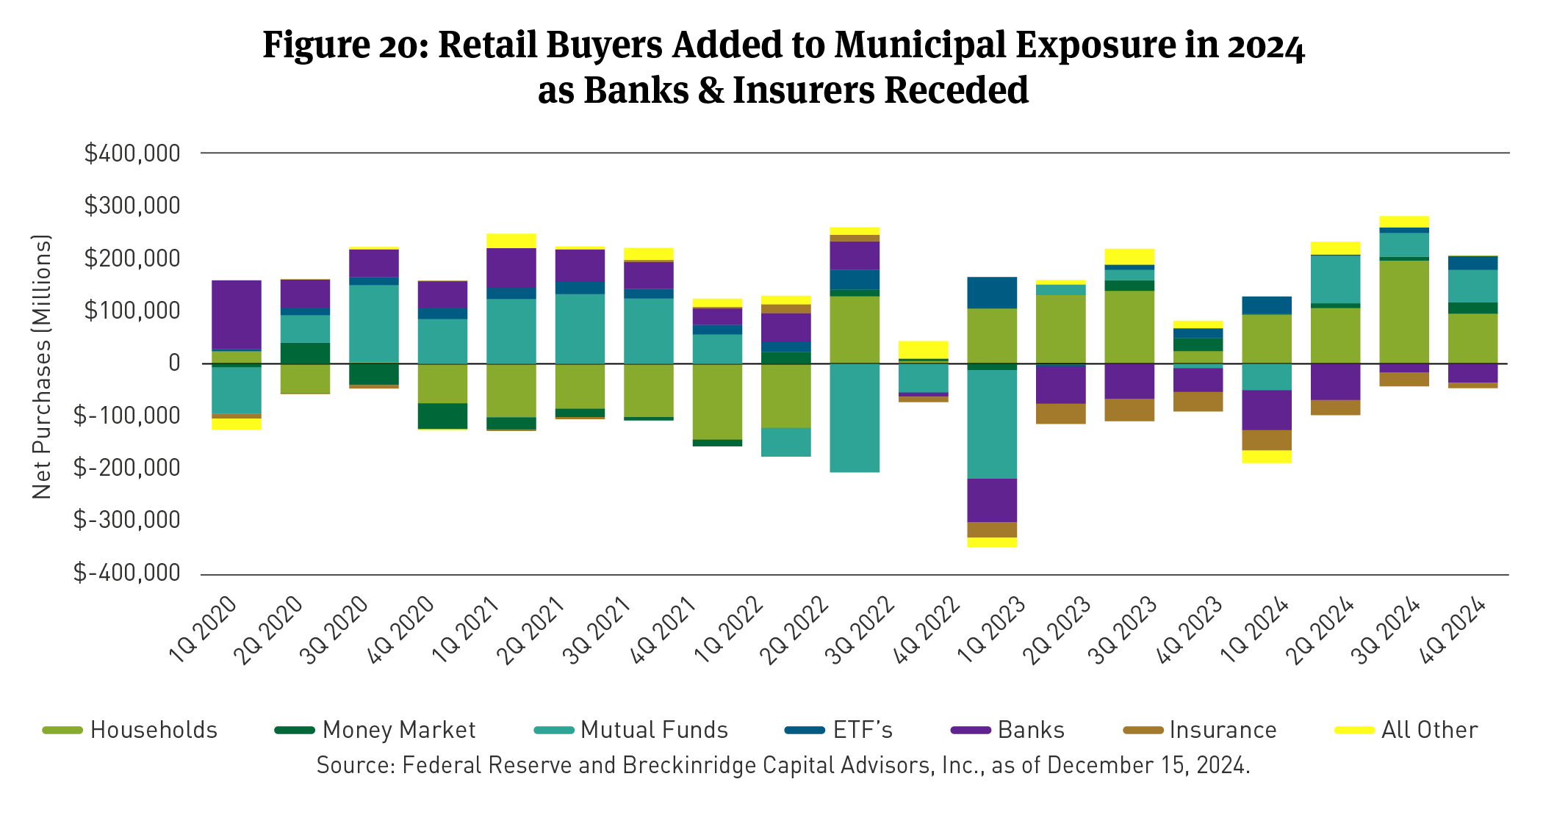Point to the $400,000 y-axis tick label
click(x=132, y=153)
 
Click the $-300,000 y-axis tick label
click(x=126, y=520)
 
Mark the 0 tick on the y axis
click(x=174, y=363)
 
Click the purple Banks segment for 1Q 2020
click(x=236, y=314)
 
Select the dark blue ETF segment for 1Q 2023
click(x=992, y=292)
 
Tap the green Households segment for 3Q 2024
click(x=1403, y=311)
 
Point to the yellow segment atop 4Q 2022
click(x=924, y=349)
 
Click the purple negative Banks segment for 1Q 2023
click(x=992, y=500)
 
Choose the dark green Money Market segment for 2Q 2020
click(x=305, y=353)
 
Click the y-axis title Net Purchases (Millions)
click(x=42, y=366)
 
